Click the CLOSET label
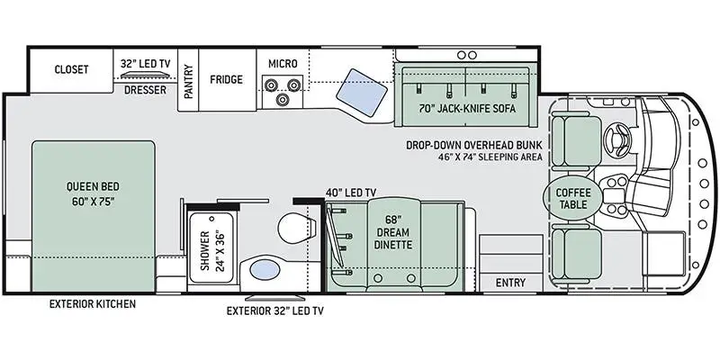click(71, 69)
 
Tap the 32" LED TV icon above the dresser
click(146, 76)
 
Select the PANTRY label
click(189, 81)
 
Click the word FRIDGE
click(227, 79)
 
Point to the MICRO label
click(283, 64)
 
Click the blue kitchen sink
click(361, 89)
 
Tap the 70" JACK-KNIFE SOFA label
click(467, 109)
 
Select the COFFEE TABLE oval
click(573, 198)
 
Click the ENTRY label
click(510, 283)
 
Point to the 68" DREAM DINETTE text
click(393, 231)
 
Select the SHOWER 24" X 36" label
click(212, 250)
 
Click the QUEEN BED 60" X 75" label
click(93, 194)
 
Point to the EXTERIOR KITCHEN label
click(93, 303)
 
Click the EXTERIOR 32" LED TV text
click(275, 310)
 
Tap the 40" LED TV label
click(350, 192)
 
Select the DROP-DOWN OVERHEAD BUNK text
click(474, 145)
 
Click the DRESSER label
click(146, 90)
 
